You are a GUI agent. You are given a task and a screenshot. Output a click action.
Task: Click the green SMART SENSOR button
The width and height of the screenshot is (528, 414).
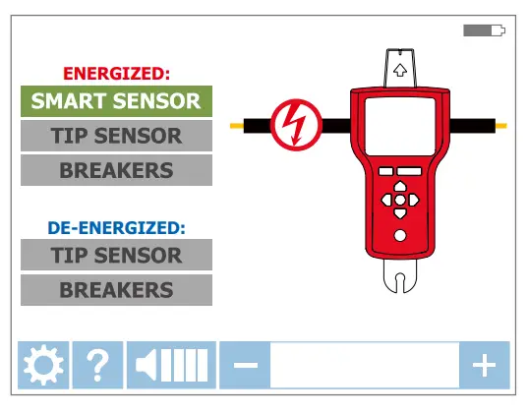pos(116,100)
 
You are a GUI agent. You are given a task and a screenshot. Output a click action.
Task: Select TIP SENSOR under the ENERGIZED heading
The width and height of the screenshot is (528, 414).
pos(116,136)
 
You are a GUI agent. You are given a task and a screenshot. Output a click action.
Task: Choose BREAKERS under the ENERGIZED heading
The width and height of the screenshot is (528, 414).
pos(116,170)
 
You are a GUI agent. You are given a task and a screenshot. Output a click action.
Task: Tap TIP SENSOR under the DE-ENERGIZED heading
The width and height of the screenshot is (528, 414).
pos(116,255)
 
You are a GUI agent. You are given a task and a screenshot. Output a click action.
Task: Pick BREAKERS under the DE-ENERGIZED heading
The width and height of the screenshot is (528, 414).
pos(116,290)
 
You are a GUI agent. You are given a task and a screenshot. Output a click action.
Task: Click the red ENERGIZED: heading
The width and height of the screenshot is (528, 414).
pos(116,73)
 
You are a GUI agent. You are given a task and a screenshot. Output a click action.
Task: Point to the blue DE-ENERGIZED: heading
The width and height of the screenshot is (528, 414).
pos(116,227)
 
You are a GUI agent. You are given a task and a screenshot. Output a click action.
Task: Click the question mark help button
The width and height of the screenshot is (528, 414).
pos(97,366)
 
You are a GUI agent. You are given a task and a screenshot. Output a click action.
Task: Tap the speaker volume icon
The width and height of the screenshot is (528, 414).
pos(172,366)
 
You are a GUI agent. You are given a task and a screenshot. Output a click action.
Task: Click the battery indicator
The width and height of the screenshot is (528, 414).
pos(484,31)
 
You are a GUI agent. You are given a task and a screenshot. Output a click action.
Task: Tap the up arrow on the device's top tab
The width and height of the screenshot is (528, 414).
pos(400,71)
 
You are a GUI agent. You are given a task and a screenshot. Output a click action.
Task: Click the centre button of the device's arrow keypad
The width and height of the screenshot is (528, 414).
pos(400,200)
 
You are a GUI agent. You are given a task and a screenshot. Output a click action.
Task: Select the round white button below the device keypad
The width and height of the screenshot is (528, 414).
pos(400,236)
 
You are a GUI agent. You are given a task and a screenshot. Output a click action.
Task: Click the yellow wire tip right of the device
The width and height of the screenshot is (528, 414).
pos(500,126)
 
